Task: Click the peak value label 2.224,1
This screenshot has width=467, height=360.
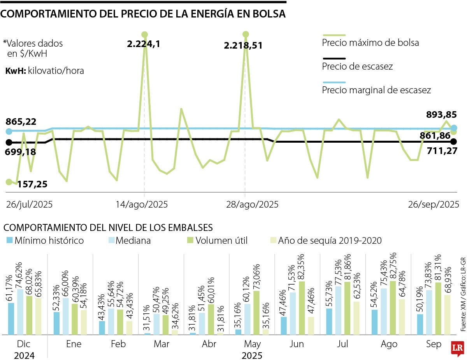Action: pyautogui.click(x=143, y=44)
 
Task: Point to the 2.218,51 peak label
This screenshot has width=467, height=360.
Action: pyautogui.click(x=243, y=45)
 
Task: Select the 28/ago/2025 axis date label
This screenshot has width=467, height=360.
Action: pyautogui.click(x=252, y=204)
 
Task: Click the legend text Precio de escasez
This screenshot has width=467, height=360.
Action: pyautogui.click(x=357, y=66)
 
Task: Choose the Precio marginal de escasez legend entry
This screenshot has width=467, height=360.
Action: pyautogui.click(x=376, y=90)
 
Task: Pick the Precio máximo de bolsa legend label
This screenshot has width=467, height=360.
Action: pyautogui.click(x=370, y=43)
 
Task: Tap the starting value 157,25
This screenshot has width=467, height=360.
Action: pyautogui.click(x=32, y=184)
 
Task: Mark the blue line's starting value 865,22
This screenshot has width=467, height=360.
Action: pyautogui.click(x=21, y=122)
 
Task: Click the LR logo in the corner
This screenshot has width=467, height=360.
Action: pyautogui.click(x=458, y=348)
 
